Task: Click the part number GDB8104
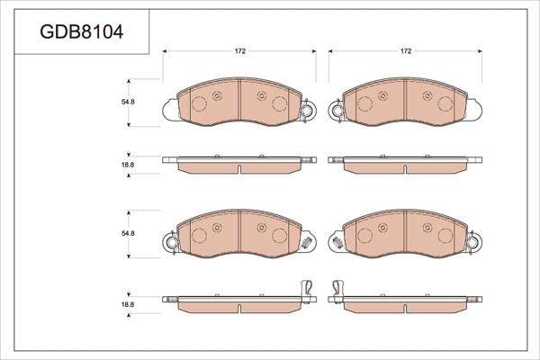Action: [82, 32]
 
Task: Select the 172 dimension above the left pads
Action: [240, 51]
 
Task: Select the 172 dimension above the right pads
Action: [406, 51]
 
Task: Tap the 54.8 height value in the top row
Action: [128, 102]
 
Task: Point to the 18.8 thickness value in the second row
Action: [128, 165]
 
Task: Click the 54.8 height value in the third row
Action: [128, 234]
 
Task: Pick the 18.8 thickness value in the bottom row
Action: [128, 305]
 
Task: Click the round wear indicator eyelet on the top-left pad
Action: [308, 112]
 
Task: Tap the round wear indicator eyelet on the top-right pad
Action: [337, 112]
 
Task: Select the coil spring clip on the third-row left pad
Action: [308, 243]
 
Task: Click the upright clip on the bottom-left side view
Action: [306, 287]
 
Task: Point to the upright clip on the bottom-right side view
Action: [339, 287]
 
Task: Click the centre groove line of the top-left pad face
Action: [240, 104]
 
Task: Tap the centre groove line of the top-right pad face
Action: [406, 104]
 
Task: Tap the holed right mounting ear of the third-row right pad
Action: [474, 241]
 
